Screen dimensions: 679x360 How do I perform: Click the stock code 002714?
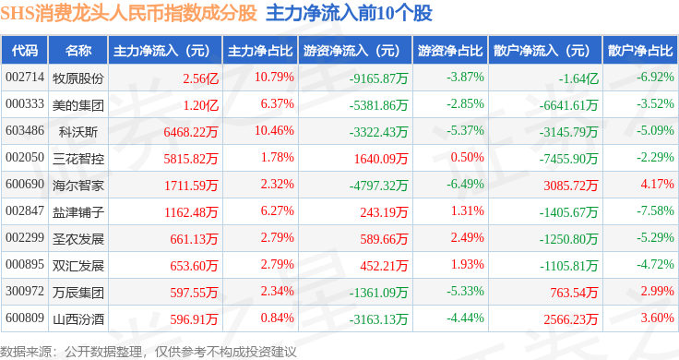25,78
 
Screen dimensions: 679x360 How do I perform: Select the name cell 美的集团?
78,105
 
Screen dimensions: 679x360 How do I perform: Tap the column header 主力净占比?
260,51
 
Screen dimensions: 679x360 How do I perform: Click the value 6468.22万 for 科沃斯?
191,132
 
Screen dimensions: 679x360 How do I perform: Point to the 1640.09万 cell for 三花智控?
381,159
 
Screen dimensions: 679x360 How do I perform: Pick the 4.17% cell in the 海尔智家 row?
658,184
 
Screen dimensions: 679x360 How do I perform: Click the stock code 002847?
25,211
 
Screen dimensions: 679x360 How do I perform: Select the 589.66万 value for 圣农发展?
384,239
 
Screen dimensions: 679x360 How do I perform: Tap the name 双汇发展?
78,266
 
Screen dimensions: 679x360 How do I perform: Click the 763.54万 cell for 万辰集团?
574,293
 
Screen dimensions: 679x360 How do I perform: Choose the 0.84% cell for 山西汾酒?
277,318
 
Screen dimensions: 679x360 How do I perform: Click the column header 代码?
25,51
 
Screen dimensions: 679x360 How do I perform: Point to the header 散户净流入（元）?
545,51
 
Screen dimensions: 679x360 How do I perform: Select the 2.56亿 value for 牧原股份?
200,78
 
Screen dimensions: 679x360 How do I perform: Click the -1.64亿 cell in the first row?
578,78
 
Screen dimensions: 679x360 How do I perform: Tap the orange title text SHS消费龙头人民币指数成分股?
128,14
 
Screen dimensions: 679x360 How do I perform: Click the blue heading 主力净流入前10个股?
349,14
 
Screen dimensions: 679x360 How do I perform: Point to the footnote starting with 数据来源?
149,352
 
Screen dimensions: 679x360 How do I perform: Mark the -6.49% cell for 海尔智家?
465,184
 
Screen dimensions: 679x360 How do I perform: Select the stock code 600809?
25,318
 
